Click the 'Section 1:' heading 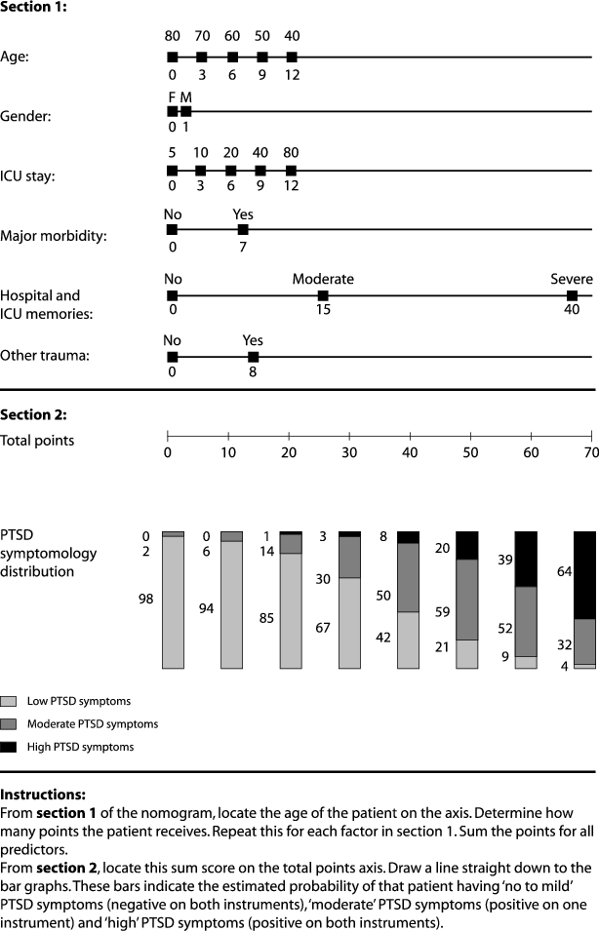pos(33,8)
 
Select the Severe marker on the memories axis pos(572,295)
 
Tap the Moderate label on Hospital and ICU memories pos(323,279)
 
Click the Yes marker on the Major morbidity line pos(243,230)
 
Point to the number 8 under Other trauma pos(253,371)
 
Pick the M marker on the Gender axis pos(186,111)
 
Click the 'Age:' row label pos(16,57)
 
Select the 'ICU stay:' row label pos(27,176)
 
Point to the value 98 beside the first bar pos(145,601)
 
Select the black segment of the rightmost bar pos(585,575)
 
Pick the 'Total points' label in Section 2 pos(38,441)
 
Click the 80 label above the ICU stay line pos(291,153)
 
